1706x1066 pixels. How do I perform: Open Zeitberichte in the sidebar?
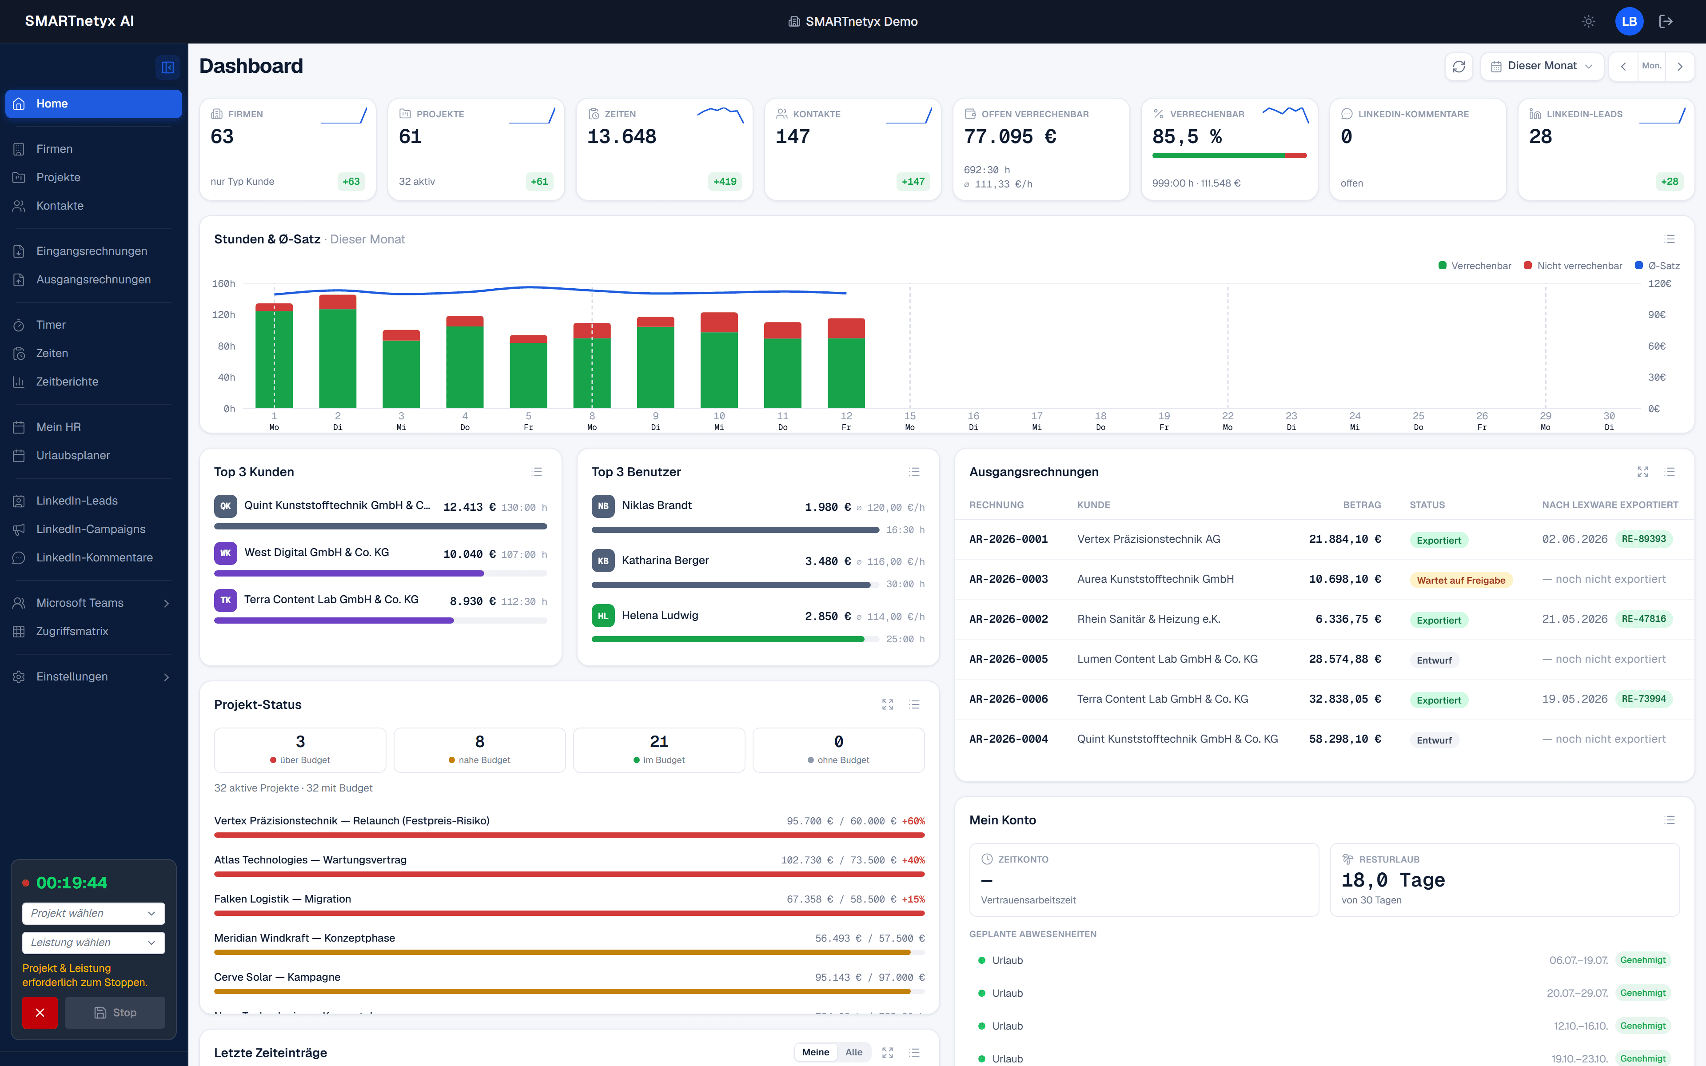[67, 382]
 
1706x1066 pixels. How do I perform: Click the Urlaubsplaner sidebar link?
[72, 455]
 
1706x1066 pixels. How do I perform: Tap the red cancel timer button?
[40, 1012]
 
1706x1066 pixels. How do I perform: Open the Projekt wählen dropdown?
[93, 913]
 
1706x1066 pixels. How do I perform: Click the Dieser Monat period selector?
[1542, 66]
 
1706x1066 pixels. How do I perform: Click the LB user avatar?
[1628, 21]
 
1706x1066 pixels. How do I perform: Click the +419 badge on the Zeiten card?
[725, 181]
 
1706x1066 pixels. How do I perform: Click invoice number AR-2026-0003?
[1008, 579]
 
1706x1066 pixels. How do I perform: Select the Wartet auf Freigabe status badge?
[1461, 580]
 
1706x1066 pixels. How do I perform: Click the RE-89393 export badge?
[1643, 539]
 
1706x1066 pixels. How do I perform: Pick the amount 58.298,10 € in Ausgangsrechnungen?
[1344, 739]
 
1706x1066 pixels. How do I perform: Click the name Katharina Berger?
[665, 561]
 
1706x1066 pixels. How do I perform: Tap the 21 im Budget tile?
[658, 749]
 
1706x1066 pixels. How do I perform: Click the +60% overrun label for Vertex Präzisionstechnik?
[913, 821]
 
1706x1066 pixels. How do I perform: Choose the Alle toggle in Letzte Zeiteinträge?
[853, 1052]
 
